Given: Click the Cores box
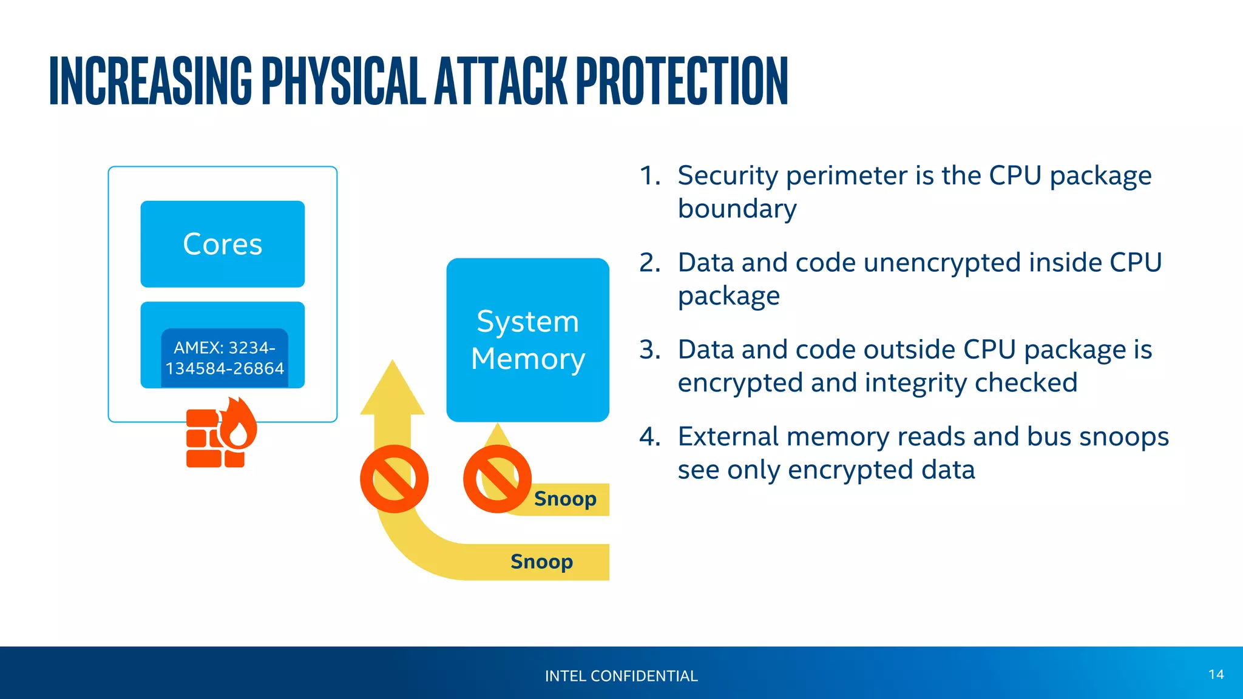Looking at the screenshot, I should [x=222, y=244].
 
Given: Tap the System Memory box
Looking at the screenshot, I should [x=527, y=340].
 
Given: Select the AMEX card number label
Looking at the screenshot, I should [x=225, y=358].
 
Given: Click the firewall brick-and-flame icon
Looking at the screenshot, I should [x=220, y=434].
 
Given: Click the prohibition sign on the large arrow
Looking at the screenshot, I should [x=394, y=479].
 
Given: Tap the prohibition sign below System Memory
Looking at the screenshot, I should [x=497, y=479].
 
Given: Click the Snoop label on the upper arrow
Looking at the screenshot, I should [x=565, y=499].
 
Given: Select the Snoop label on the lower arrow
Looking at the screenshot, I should [x=541, y=562].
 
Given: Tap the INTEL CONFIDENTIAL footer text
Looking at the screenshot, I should [x=621, y=676].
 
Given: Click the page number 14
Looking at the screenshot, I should [x=1216, y=675].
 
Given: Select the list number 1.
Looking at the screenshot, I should [x=649, y=176].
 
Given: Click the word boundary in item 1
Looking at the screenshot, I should [x=737, y=209].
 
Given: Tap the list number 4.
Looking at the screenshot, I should [x=649, y=437].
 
